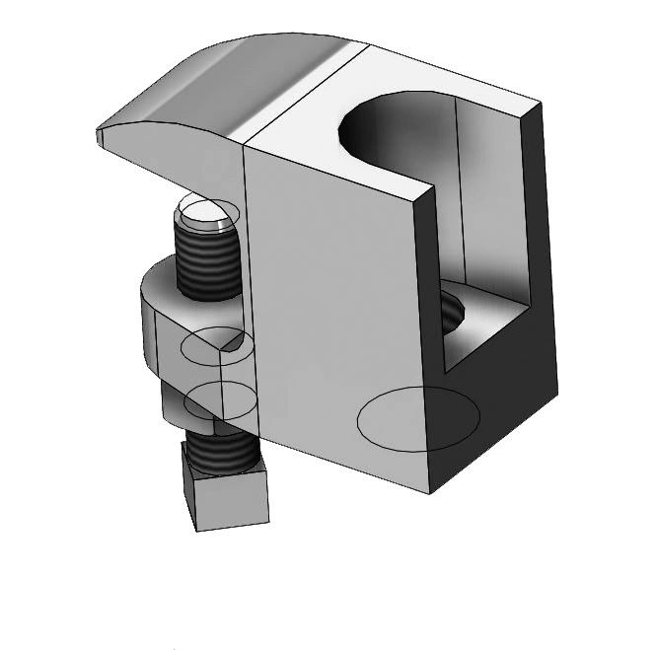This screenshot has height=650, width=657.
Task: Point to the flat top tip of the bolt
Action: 205,212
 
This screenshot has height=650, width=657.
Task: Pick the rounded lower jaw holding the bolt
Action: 168,316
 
